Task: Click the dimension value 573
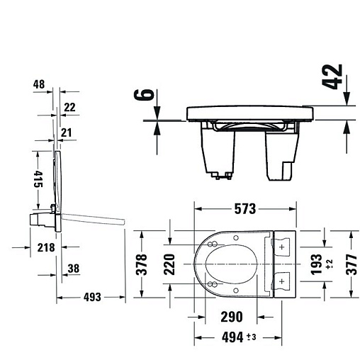[x=245, y=209]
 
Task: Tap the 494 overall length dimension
[x=232, y=337]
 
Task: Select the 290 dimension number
[x=232, y=317]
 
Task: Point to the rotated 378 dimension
[x=141, y=264]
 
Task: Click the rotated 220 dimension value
[x=169, y=264]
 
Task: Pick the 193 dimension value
[x=316, y=264]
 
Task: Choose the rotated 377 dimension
[x=351, y=264]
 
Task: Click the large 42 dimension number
[x=332, y=77]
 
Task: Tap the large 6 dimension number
[x=144, y=95]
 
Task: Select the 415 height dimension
[x=38, y=179]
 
